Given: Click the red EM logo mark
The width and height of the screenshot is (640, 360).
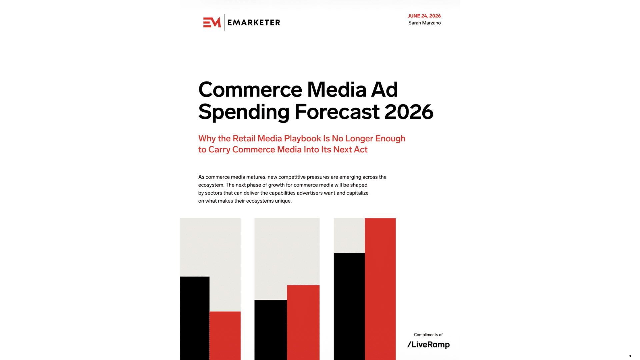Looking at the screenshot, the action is click(212, 22).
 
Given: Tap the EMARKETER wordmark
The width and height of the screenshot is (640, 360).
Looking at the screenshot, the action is click(254, 23).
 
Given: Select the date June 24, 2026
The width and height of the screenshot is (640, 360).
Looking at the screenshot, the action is click(424, 16).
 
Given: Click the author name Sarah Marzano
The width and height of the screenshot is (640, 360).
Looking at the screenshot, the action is click(424, 23).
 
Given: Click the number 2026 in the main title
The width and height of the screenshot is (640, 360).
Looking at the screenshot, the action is click(409, 112).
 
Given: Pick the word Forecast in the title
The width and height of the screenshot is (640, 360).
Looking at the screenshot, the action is click(337, 112).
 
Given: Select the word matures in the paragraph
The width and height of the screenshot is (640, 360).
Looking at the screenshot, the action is click(256, 177).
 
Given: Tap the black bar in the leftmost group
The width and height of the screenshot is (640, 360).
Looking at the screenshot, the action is click(195, 318).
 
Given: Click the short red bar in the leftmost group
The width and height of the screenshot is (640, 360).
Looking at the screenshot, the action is click(225, 336).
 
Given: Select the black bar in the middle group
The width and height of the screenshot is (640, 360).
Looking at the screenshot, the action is click(271, 330).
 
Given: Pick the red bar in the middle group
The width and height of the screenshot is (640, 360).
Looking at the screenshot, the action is click(303, 323).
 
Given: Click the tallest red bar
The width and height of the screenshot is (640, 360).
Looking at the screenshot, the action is click(380, 289).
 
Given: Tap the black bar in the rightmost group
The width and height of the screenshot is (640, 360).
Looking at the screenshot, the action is click(349, 307).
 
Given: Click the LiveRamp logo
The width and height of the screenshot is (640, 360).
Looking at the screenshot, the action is click(428, 345).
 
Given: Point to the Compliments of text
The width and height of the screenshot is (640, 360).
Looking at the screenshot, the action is click(428, 335).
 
